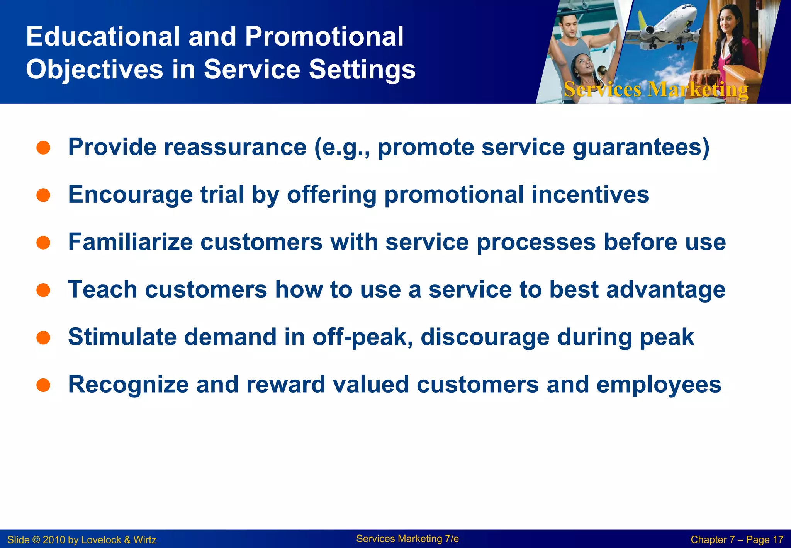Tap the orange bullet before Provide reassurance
pyautogui.click(x=43, y=148)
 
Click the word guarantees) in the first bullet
pyautogui.click(x=641, y=148)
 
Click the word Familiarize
pyautogui.click(x=130, y=242)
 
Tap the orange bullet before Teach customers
pyautogui.click(x=43, y=290)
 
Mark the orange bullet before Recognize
pyautogui.click(x=43, y=385)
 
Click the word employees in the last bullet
pyautogui.click(x=659, y=385)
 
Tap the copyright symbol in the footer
pyautogui.click(x=36, y=540)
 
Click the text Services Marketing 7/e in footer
pyautogui.click(x=407, y=539)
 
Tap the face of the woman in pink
pyautogui.click(x=727, y=21)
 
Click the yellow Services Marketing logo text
pyautogui.click(x=655, y=90)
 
